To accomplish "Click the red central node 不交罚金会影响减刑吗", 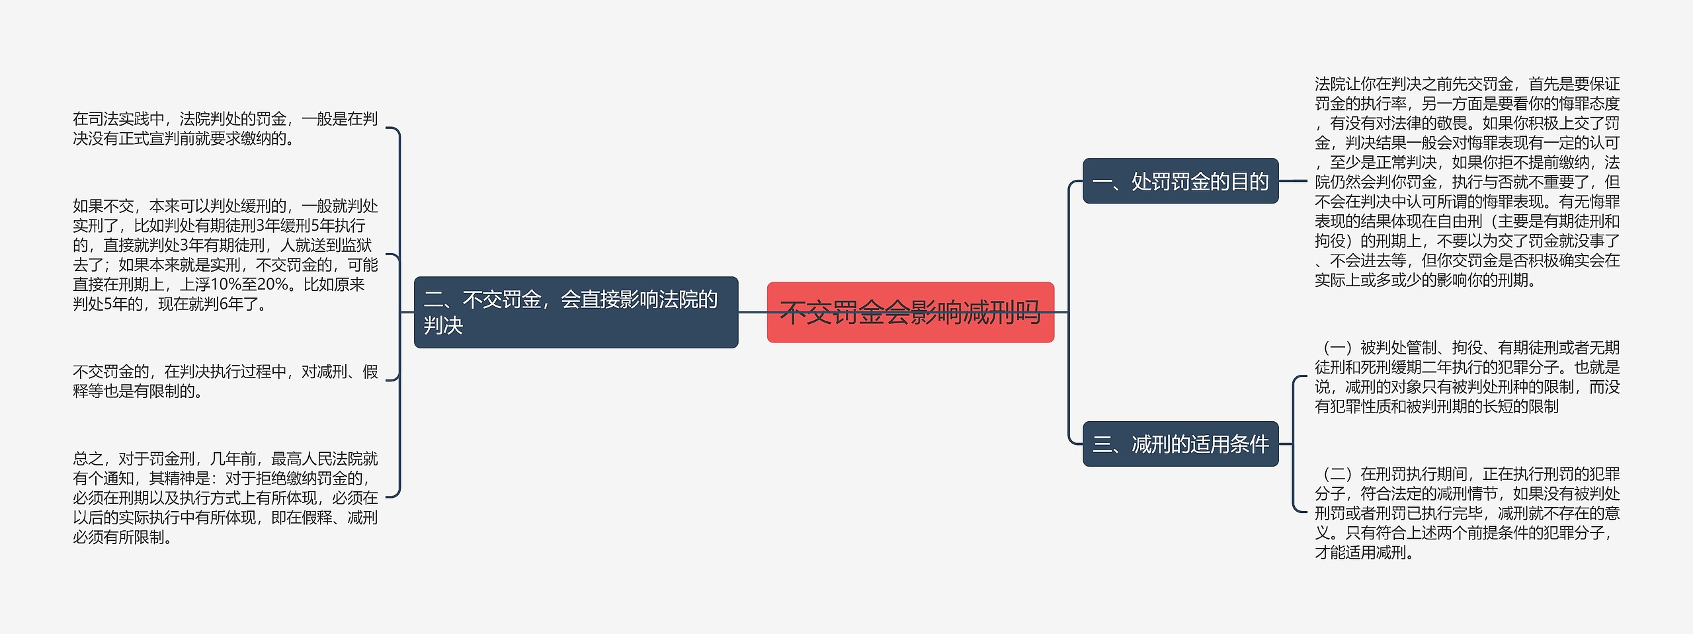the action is [x=910, y=312].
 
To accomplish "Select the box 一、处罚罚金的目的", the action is [x=1180, y=181].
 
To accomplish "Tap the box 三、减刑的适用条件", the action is [x=1180, y=444].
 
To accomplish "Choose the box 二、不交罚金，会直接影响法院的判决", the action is [x=575, y=312].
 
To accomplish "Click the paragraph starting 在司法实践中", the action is [x=225, y=129].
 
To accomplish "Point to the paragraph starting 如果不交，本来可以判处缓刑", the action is [x=225, y=255].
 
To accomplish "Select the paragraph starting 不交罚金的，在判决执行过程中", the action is [x=225, y=381].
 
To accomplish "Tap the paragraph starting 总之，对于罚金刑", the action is [x=225, y=498].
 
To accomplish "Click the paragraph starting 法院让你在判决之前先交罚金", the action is [x=1467, y=182].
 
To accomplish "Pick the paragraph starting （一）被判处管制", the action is [x=1467, y=377].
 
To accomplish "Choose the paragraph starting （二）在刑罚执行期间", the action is [x=1467, y=513].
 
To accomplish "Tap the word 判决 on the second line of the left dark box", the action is [x=443, y=326].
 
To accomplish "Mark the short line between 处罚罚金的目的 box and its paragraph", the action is [x=1294, y=180].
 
